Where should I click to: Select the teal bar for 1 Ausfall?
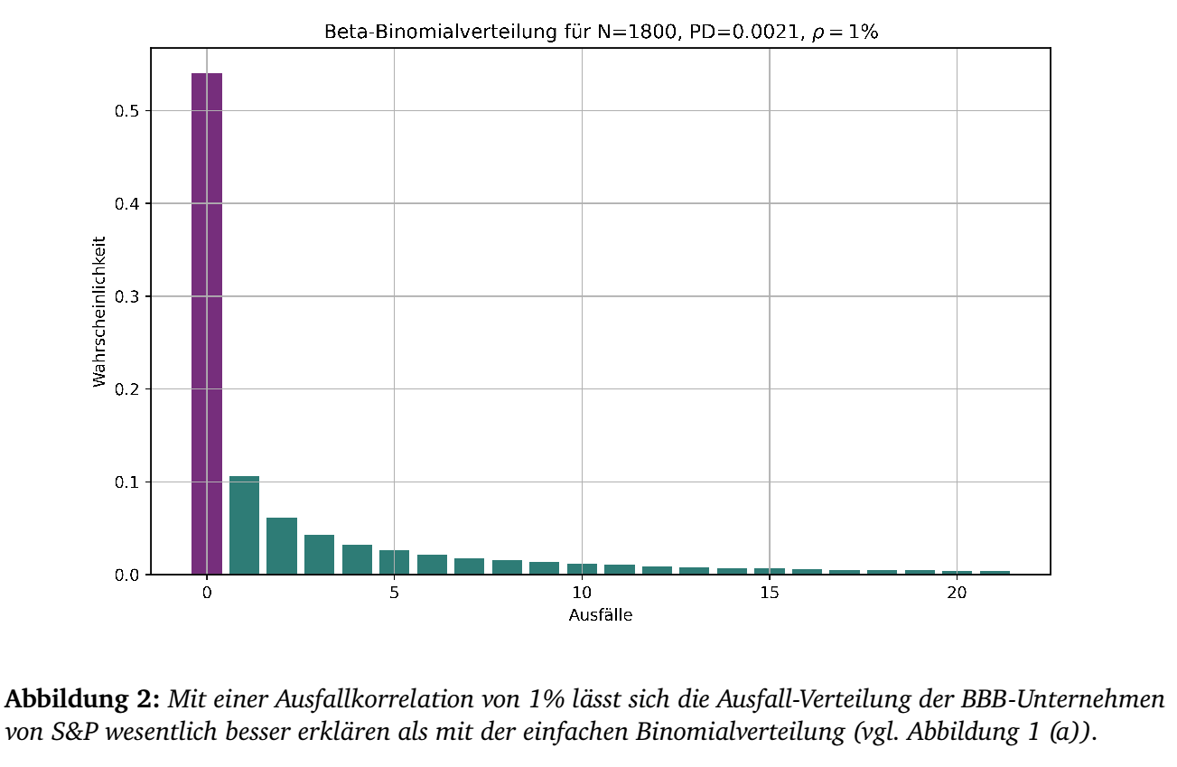point(244,525)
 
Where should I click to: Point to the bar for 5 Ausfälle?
point(394,562)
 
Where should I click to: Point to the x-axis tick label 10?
point(582,594)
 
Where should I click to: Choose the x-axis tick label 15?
point(769,594)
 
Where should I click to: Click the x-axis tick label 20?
point(957,594)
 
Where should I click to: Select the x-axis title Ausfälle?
point(600,615)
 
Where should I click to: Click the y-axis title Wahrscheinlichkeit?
point(99,312)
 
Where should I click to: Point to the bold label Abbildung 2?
point(82,700)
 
